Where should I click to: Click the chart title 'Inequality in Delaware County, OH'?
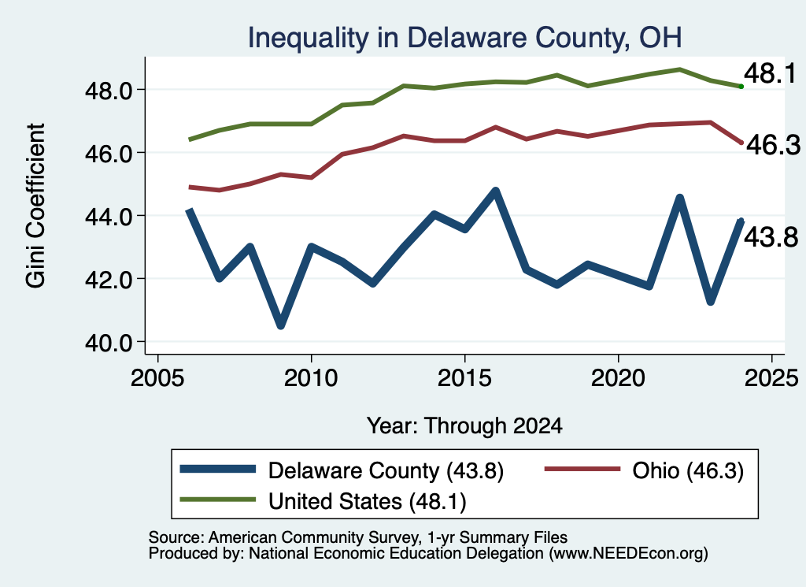click(x=464, y=38)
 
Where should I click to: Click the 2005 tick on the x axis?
click(x=157, y=378)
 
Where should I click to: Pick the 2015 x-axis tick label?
click(x=464, y=378)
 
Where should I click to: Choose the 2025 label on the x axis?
click(x=771, y=378)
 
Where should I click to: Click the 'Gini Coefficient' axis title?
click(x=35, y=206)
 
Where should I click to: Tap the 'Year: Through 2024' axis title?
click(x=464, y=426)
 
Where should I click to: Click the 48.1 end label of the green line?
click(x=770, y=73)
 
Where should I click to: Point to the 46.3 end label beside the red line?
click(x=773, y=145)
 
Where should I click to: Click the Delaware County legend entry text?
click(x=386, y=470)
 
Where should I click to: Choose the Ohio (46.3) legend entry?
click(x=688, y=470)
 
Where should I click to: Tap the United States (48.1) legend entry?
click(x=367, y=502)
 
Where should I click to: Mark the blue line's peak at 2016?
click(x=496, y=191)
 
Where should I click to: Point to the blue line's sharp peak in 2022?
click(x=679, y=199)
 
